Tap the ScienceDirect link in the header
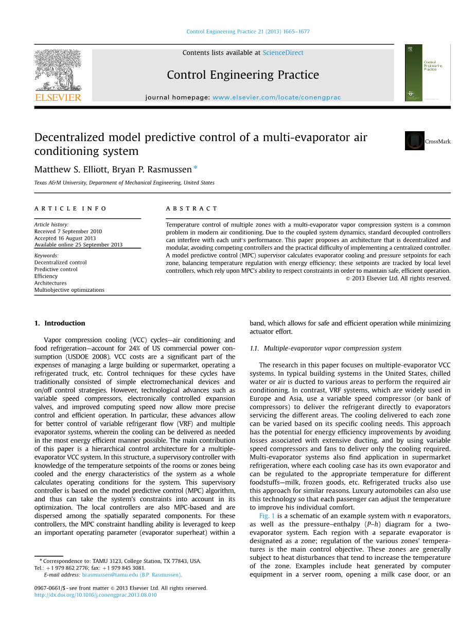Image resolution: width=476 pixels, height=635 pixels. (x=283, y=52)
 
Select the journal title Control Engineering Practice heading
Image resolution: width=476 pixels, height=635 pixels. (x=242, y=75)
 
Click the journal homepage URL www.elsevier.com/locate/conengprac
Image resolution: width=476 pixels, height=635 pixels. (x=276, y=97)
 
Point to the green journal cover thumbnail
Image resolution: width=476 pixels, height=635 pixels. (x=420, y=73)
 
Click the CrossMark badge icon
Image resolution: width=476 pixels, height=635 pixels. (x=415, y=141)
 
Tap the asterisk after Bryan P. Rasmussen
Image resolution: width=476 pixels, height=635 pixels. (x=196, y=168)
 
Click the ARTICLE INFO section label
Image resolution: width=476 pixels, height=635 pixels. (x=70, y=208)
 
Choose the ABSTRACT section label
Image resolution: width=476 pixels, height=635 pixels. (x=192, y=208)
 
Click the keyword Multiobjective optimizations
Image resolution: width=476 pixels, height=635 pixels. (x=69, y=290)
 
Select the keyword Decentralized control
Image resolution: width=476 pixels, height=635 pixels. (x=60, y=262)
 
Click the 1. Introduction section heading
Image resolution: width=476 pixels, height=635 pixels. (x=60, y=323)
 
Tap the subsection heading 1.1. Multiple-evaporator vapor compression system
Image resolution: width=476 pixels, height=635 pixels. (x=325, y=348)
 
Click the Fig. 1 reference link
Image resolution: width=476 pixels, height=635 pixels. (x=267, y=516)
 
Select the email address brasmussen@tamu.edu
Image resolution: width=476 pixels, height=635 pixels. (x=110, y=575)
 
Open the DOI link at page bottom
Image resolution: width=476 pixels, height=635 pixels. (x=95, y=595)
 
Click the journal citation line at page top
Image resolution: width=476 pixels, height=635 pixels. (x=248, y=31)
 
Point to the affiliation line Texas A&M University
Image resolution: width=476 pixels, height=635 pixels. (x=124, y=183)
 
